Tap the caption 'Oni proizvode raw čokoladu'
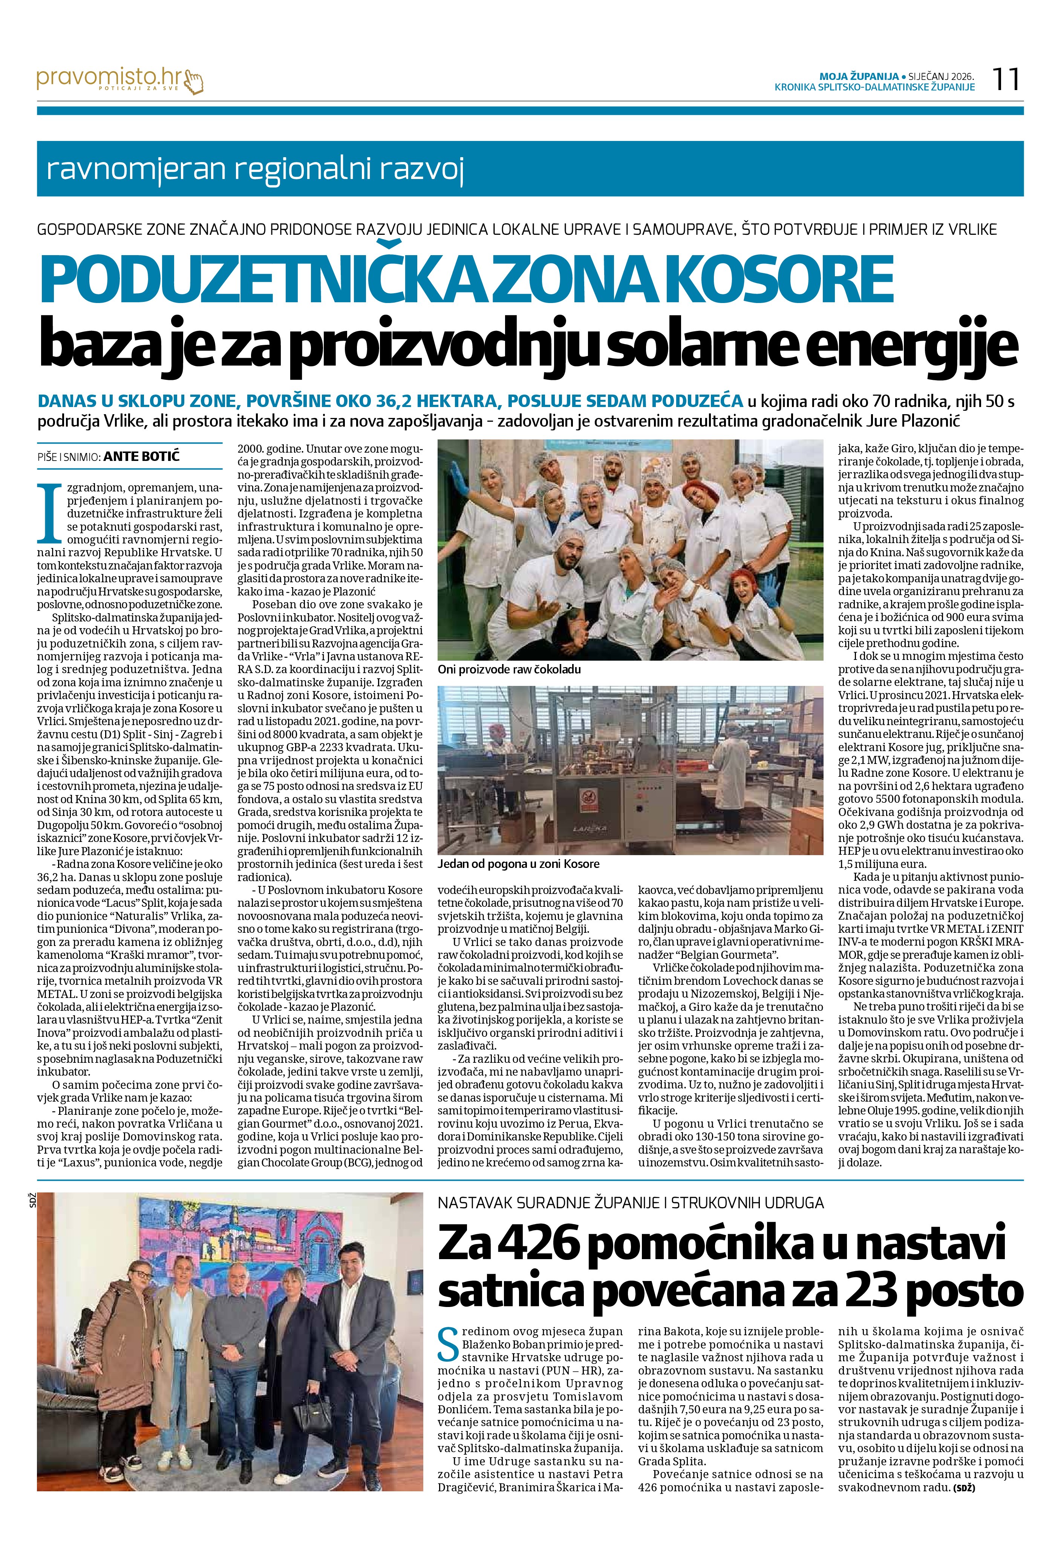(x=509, y=669)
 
